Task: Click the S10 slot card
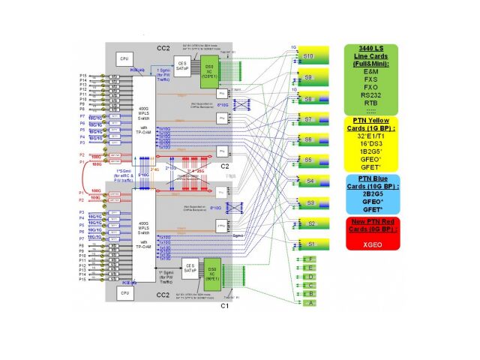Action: coord(308,56)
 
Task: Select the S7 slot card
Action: coord(308,118)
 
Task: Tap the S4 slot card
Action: coord(308,181)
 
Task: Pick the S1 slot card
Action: coord(308,244)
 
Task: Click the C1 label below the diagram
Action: coord(223,307)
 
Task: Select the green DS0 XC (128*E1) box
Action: coord(208,72)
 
